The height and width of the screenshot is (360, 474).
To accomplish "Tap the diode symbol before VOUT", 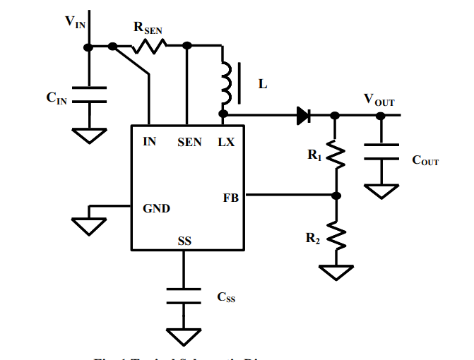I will point(304,115).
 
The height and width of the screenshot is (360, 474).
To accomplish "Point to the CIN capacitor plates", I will point(89,95).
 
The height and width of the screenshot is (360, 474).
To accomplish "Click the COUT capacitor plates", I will point(381,154).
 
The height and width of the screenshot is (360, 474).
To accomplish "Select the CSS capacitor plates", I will point(184,294).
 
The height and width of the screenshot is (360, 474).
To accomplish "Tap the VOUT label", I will point(379,99).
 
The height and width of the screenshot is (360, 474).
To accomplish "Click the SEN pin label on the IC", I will point(189,142).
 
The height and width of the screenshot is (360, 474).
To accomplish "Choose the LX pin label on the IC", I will point(226,142).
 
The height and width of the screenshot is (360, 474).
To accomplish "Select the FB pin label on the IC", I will point(230,198).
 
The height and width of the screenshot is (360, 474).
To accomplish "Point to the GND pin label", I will point(157,209).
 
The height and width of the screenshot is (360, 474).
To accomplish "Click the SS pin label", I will point(184,241).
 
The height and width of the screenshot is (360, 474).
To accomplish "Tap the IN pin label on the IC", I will point(150,142).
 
